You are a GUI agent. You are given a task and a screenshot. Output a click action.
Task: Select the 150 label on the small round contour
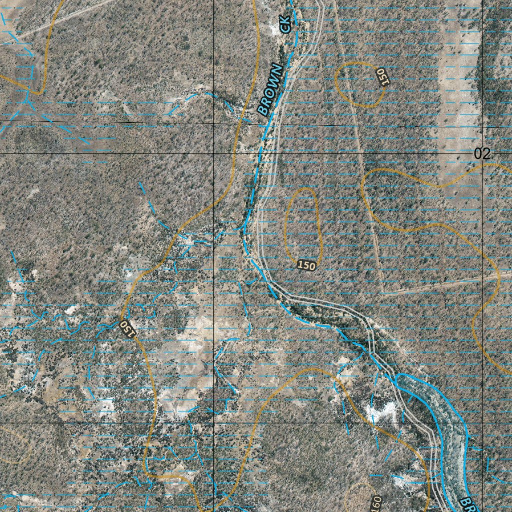click(x=383, y=77)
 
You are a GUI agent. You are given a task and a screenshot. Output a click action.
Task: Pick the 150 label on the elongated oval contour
click(x=306, y=265)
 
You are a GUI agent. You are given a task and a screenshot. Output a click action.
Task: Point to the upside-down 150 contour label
click(x=128, y=328)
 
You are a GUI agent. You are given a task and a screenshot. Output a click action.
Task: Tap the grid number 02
click(x=482, y=154)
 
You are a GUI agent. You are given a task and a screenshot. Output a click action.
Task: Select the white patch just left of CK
click(x=274, y=28)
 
